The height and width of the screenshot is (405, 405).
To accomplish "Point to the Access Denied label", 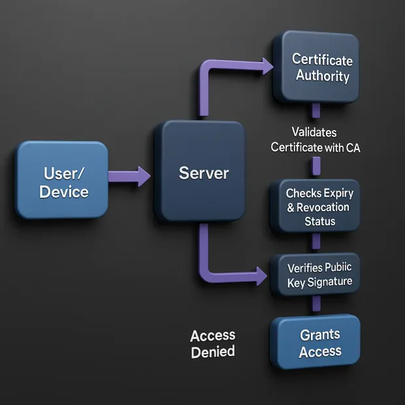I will coord(212,344).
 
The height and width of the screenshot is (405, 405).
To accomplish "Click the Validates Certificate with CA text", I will coord(316,140).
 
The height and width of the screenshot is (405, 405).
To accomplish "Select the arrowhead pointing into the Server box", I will coord(142,175).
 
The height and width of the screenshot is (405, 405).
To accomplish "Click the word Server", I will coord(204,173).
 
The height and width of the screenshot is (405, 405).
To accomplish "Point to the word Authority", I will coord(323,75).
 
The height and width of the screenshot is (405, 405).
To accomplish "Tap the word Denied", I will coord(212,352).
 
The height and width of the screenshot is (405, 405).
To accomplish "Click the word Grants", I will coord(319,334).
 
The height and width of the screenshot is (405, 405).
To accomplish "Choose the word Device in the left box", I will coord(63,192).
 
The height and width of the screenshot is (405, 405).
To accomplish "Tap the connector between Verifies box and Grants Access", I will coord(316,304).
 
